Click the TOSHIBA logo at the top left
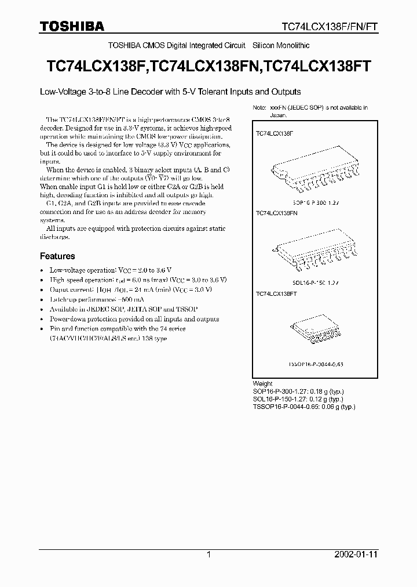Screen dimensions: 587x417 [72, 26]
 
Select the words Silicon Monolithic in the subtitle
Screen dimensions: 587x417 [281, 45]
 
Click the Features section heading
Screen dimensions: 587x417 [57, 256]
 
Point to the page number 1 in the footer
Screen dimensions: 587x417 [209, 555]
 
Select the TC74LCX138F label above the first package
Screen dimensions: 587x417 [275, 133]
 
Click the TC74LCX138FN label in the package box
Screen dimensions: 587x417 [276, 213]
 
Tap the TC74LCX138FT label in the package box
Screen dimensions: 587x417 [276, 294]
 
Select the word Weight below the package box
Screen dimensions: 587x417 [262, 384]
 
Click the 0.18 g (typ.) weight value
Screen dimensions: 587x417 [324, 392]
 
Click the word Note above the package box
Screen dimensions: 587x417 [259, 108]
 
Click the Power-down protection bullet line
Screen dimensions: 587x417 [134, 319]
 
